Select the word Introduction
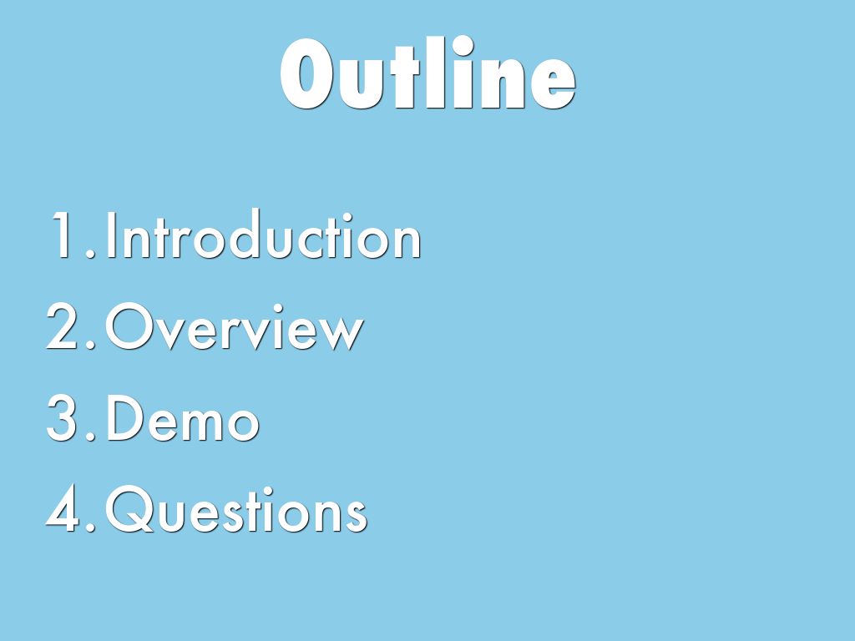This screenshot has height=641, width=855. tap(263, 237)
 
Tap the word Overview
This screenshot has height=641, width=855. tap(235, 329)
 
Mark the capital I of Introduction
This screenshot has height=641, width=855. tap(112, 237)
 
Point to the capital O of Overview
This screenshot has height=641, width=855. tap(134, 329)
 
